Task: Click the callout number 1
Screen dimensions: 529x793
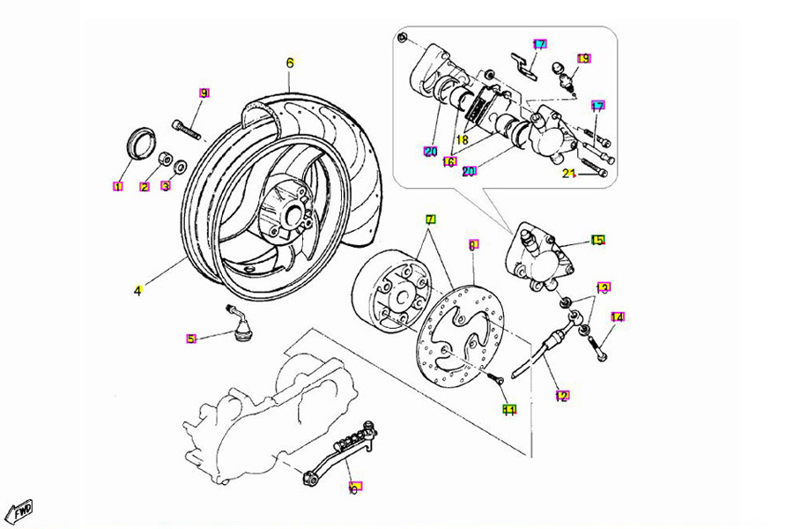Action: click(x=116, y=186)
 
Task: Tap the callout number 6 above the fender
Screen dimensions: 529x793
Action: click(x=289, y=63)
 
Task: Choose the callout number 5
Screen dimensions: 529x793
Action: click(x=190, y=339)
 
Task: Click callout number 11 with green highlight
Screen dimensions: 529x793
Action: click(x=509, y=409)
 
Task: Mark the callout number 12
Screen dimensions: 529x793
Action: click(x=562, y=396)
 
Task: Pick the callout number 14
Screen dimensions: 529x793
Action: click(x=617, y=317)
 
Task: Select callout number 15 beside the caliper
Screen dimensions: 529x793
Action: click(x=598, y=240)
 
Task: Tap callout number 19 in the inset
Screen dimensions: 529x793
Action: click(x=583, y=59)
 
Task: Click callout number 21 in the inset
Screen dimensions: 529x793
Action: click(x=569, y=173)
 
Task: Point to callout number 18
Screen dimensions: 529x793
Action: click(x=462, y=139)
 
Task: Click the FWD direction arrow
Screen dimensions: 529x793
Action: click(x=19, y=509)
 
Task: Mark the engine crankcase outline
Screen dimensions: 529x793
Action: click(x=247, y=414)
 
